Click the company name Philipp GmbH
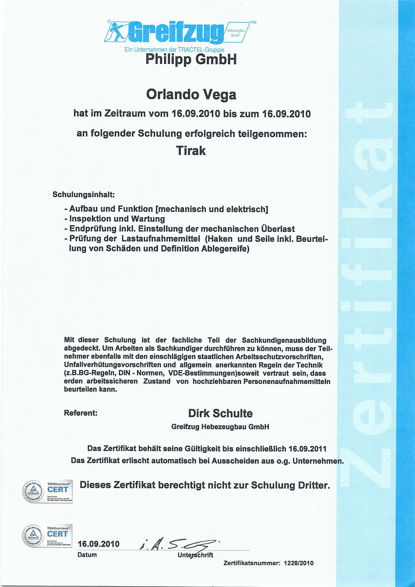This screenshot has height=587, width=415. click(191, 59)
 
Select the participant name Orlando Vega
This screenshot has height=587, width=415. click(191, 95)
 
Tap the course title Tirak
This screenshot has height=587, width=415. click(191, 150)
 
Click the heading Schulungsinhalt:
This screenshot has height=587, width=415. click(83, 194)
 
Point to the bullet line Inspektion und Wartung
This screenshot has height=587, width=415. click(117, 219)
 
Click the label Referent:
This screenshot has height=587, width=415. click(81, 413)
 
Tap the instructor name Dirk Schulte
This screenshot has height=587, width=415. click(220, 413)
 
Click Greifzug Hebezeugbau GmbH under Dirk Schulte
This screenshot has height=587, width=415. click(220, 427)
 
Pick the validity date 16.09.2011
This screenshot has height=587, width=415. click(308, 449)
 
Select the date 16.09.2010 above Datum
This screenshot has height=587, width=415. click(98, 544)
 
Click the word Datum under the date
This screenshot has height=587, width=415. click(87, 555)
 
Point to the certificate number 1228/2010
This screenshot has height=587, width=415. click(299, 563)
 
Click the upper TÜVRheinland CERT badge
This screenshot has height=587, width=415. click(47, 491)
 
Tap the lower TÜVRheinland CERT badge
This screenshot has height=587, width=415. click(47, 536)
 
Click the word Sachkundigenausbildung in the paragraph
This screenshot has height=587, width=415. click(284, 340)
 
